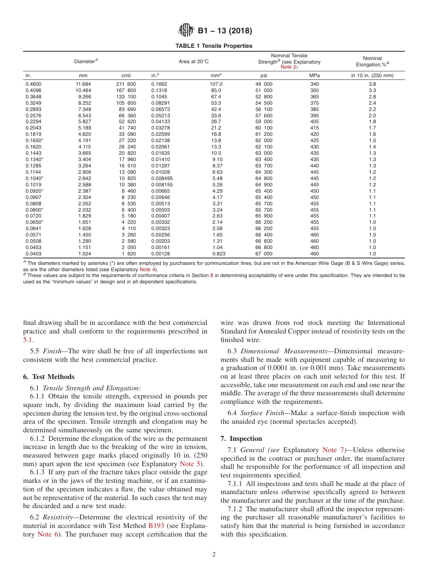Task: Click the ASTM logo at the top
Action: [186, 31]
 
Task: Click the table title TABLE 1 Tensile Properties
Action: [214, 46]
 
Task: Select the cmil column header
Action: [126, 75]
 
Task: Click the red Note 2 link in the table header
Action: [289, 67]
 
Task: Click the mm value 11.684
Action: [83, 84]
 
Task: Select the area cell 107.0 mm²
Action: [216, 84]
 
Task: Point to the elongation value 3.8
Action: [372, 84]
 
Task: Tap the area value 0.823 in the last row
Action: [217, 254]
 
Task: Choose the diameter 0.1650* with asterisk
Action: [34, 140]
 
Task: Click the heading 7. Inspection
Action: [241, 439]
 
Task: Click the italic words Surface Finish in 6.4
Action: [260, 413]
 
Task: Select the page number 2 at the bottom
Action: [214, 555]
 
